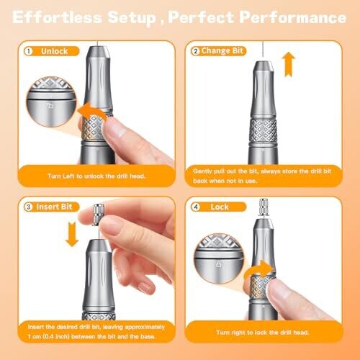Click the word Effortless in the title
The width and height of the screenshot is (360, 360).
(x=57, y=17)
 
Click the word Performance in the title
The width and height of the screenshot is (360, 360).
(x=293, y=17)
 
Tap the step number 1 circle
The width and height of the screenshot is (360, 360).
(x=29, y=51)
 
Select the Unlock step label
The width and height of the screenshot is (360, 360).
(x=55, y=51)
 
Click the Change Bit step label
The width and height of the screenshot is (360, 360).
(x=222, y=51)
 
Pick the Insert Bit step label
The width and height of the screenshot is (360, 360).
(x=54, y=207)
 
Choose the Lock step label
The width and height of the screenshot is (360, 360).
(x=220, y=207)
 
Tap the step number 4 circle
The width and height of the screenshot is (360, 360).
(x=196, y=207)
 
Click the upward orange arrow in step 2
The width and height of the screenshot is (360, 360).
(x=289, y=64)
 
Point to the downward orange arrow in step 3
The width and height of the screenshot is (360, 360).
(x=72, y=234)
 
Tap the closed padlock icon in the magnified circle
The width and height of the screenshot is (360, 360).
(x=218, y=264)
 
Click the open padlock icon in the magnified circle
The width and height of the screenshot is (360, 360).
(x=50, y=105)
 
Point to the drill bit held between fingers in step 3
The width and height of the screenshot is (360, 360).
(x=98, y=215)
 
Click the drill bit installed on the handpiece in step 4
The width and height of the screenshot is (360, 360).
(x=264, y=207)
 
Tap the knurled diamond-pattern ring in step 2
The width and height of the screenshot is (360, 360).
(x=263, y=130)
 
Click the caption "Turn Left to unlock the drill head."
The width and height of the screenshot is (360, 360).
(x=96, y=176)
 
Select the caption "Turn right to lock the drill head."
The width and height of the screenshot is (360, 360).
(x=263, y=333)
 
